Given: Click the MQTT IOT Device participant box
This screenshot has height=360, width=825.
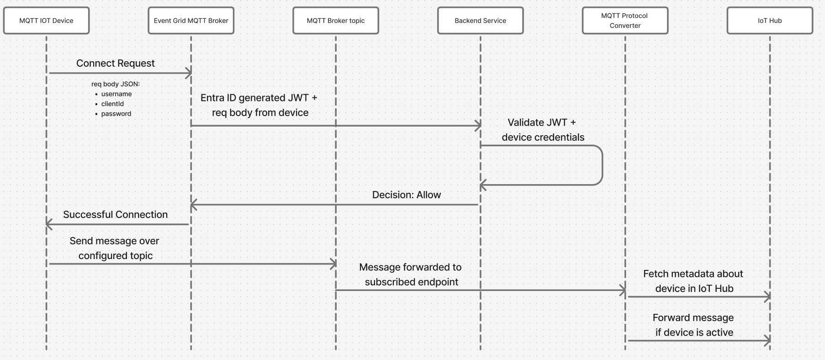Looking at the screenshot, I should [x=46, y=21].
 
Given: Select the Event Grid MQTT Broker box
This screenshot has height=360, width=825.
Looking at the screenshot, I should [x=191, y=21].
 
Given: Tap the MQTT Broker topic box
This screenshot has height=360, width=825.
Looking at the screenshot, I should [x=336, y=21].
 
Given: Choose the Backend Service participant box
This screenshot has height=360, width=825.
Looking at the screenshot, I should [x=480, y=21].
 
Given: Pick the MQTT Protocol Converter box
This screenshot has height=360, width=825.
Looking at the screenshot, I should [x=625, y=21].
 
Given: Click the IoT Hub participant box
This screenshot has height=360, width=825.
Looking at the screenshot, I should [x=770, y=21].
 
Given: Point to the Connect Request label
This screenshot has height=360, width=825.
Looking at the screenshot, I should [x=115, y=64].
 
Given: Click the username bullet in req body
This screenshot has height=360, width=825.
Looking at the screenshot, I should [x=116, y=94].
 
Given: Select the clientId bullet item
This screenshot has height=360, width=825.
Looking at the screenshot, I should [x=112, y=104].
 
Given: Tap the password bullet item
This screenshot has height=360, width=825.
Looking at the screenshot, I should [x=116, y=114].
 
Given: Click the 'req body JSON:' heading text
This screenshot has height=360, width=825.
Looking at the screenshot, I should [x=116, y=84].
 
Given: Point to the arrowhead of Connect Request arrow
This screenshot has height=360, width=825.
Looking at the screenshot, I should [x=189, y=73].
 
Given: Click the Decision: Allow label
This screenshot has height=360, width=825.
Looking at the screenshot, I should [x=406, y=195].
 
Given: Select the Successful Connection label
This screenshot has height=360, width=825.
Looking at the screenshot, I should [x=115, y=215].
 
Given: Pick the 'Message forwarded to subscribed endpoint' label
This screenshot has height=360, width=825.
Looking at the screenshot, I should [x=410, y=275].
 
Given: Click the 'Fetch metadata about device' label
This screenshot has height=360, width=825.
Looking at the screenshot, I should [x=693, y=281].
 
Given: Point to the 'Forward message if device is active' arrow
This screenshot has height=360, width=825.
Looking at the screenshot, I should [x=699, y=340].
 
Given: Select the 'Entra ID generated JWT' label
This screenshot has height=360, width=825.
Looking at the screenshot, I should [x=259, y=98].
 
